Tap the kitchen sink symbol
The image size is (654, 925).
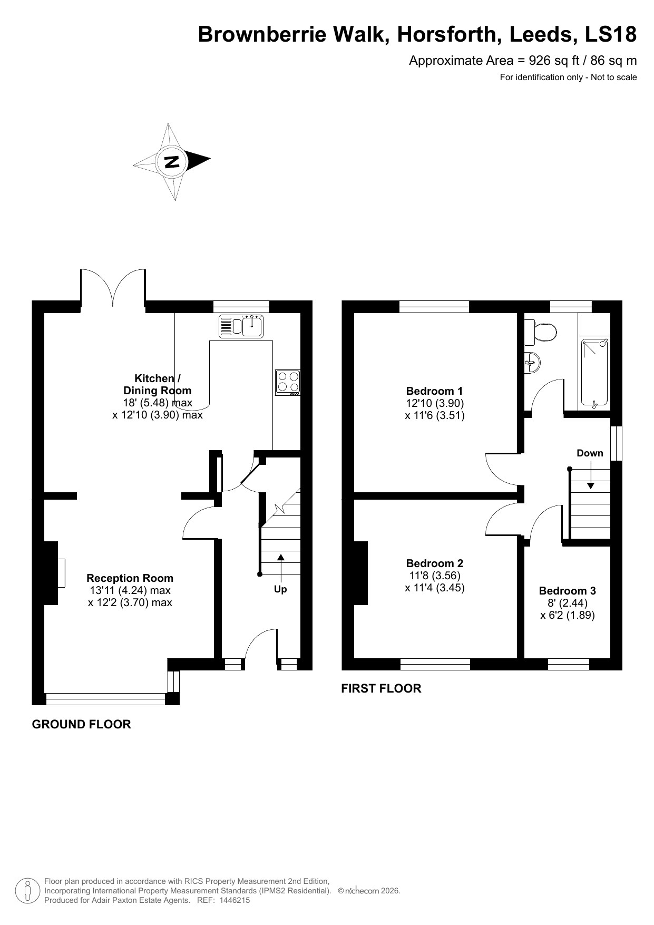click(241, 326)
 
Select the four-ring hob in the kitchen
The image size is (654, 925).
click(288, 383)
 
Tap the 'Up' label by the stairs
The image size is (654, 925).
click(280, 589)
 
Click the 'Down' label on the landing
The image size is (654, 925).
click(590, 453)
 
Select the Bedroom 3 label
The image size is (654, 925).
click(568, 591)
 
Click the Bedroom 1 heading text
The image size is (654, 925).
click(434, 391)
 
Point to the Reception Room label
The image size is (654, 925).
click(130, 578)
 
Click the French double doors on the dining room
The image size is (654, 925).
click(113, 287)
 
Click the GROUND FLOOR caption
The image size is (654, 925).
click(81, 724)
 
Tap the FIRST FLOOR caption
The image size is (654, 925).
click(381, 688)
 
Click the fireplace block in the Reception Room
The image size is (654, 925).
click(51, 572)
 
